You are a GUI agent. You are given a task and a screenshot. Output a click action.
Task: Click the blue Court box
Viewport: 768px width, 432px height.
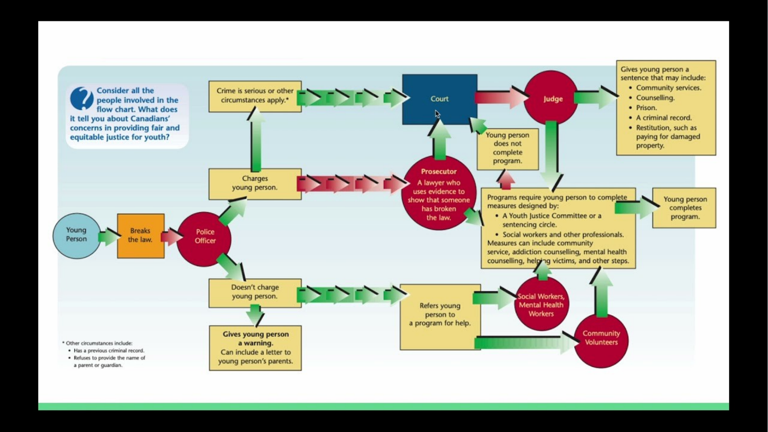click(x=440, y=99)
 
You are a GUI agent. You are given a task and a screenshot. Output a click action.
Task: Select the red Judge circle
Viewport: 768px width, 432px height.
click(x=551, y=98)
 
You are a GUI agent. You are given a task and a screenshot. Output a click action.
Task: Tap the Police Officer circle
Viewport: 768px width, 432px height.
click(x=204, y=239)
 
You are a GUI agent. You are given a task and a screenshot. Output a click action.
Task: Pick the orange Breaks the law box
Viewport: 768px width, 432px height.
click(x=141, y=236)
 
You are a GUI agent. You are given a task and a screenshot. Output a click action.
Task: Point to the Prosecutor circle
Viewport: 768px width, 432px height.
click(x=439, y=193)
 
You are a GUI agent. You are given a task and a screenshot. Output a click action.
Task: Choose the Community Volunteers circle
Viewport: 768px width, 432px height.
click(x=601, y=341)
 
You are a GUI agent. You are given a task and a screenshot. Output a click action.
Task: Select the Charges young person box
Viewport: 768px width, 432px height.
click(x=255, y=184)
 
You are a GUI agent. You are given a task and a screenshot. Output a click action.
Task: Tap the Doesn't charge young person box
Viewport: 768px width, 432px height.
click(x=255, y=293)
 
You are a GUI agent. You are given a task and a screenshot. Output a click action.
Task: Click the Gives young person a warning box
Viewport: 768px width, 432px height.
click(x=255, y=348)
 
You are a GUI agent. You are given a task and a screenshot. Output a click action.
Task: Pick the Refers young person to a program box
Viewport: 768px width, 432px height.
click(x=440, y=317)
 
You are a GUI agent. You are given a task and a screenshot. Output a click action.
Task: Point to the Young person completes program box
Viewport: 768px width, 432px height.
click(x=684, y=208)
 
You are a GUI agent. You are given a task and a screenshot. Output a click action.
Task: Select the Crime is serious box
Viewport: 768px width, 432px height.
click(x=255, y=96)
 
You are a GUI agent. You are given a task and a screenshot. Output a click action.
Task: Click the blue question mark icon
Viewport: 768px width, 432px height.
click(x=82, y=98)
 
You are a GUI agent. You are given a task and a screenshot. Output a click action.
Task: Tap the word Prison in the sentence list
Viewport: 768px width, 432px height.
click(x=646, y=108)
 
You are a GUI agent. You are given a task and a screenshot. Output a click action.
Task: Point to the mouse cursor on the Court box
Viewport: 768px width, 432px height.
click(x=438, y=114)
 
